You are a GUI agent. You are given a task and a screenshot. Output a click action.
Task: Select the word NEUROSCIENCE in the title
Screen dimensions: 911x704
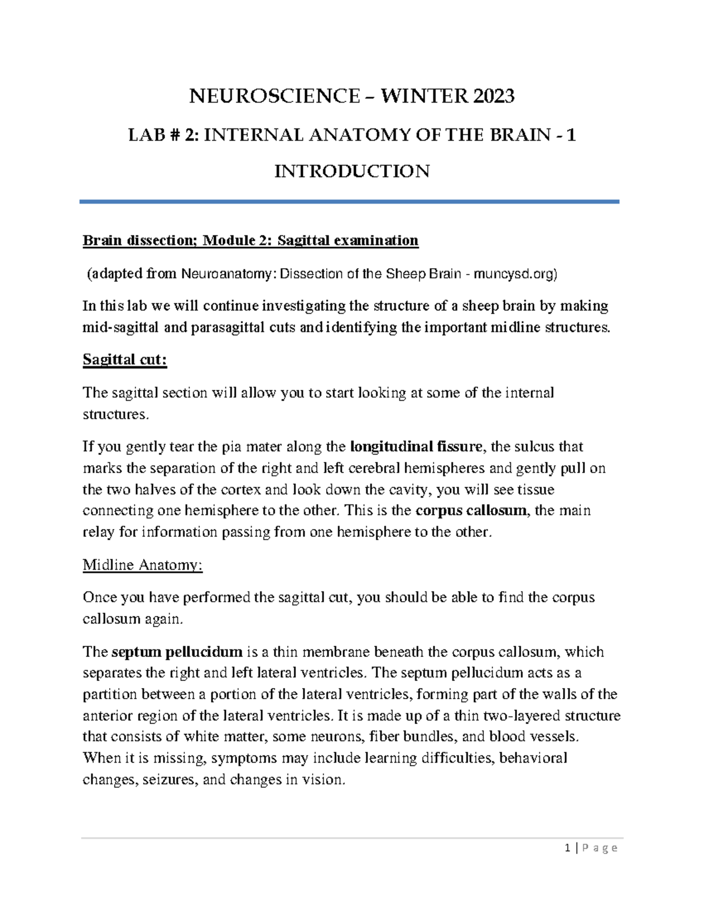click(274, 96)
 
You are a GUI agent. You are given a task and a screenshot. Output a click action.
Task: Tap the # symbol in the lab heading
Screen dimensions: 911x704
click(174, 136)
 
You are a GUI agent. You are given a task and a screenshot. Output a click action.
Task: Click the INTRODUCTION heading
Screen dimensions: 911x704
click(352, 171)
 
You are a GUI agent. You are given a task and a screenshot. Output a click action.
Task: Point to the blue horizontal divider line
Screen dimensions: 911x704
click(350, 202)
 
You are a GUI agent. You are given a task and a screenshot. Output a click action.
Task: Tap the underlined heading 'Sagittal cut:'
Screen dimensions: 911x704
click(125, 360)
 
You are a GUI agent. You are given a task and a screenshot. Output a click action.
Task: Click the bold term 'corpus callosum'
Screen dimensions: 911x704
click(471, 510)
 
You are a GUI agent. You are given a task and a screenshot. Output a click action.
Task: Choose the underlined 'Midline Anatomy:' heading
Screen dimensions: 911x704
click(143, 565)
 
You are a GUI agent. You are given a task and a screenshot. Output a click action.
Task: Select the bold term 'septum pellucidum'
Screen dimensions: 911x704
click(177, 652)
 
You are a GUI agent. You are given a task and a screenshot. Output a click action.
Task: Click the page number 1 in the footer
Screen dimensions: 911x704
click(567, 848)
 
